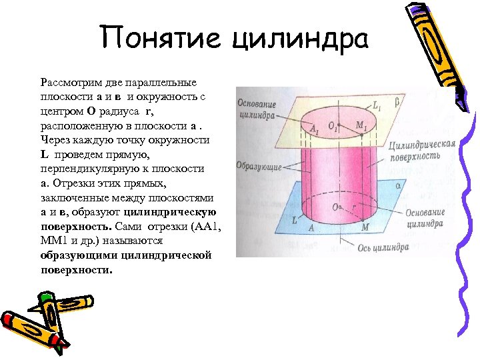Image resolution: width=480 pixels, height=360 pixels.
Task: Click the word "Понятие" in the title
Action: [x=161, y=39]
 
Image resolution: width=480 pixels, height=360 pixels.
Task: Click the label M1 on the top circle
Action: [x=361, y=125]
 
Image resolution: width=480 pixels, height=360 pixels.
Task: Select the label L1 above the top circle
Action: [x=377, y=104]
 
